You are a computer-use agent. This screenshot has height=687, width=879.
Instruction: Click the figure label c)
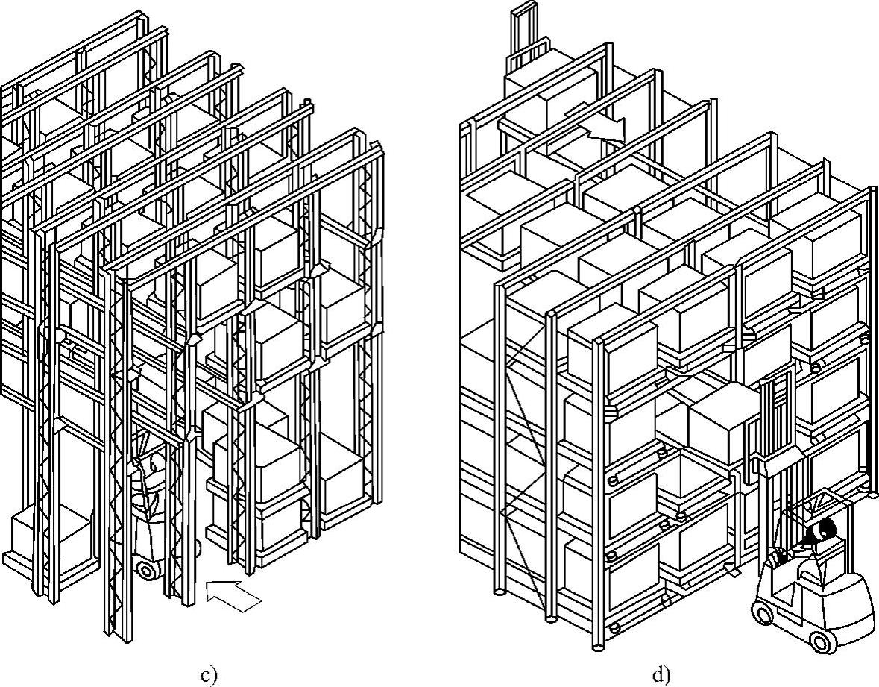[209, 676]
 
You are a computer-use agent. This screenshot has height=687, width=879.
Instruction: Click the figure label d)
[661, 676]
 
